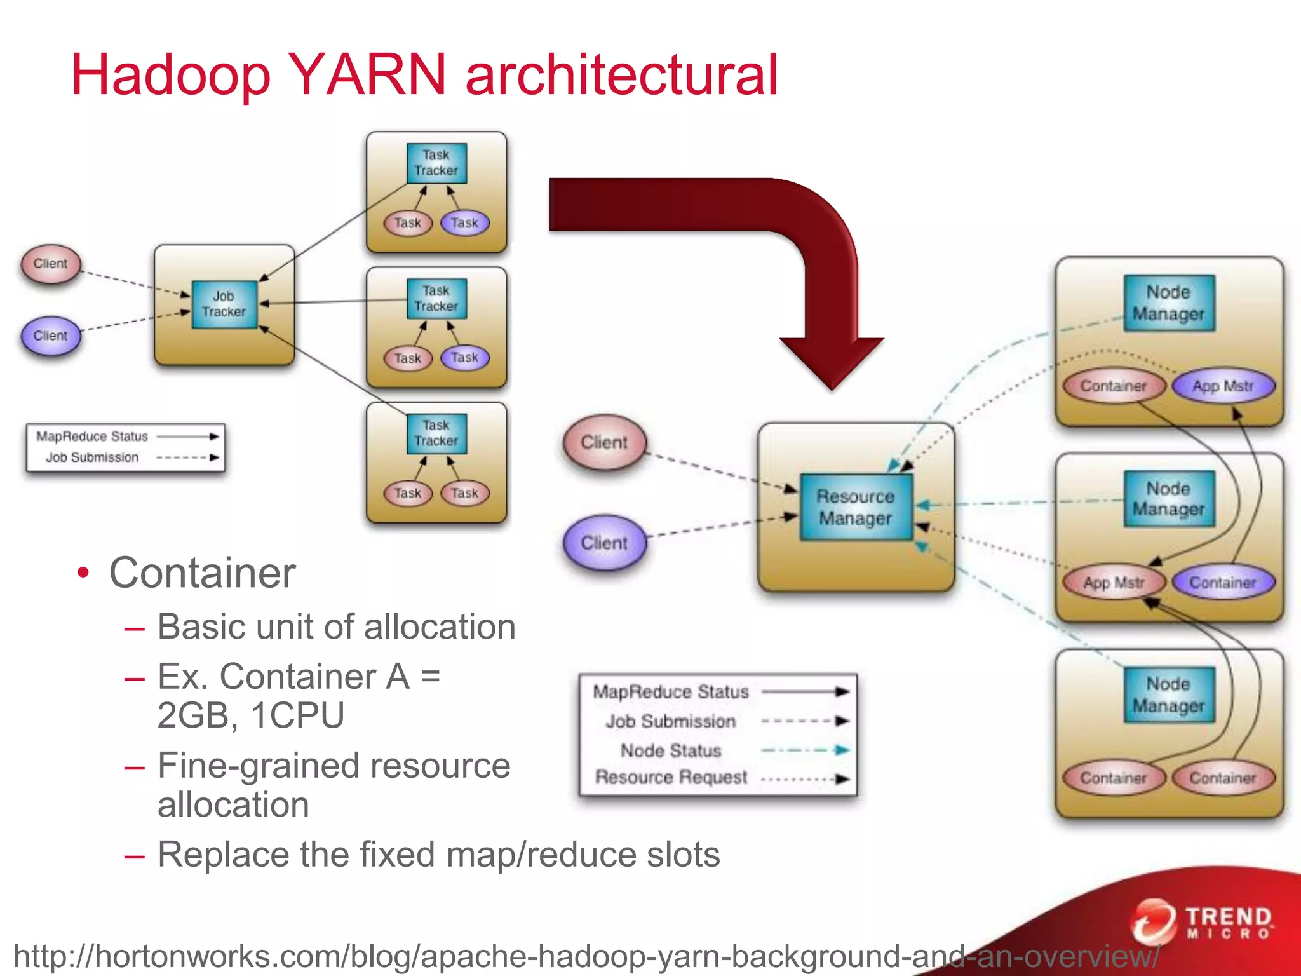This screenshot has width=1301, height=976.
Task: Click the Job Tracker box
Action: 224,304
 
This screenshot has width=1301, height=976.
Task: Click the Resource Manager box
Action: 855,507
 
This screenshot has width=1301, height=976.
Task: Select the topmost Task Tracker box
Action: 436,163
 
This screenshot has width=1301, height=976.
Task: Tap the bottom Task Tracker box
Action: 436,433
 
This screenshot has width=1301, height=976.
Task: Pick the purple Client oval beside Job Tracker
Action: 51,335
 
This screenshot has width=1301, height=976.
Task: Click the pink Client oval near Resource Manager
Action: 604,442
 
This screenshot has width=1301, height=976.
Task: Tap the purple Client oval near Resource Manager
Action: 604,543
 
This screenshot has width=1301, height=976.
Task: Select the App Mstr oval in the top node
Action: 1222,386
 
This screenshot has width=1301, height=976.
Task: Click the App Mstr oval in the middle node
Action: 1114,582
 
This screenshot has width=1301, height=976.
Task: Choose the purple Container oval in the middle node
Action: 1222,582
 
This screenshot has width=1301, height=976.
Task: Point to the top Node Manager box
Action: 1168,303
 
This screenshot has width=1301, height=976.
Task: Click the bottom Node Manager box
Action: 1168,695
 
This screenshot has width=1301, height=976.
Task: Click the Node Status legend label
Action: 671,750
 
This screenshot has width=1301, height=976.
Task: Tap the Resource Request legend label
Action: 671,778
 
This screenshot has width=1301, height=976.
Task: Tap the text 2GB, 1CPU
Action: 251,715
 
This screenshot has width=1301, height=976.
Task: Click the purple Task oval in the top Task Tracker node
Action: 465,223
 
